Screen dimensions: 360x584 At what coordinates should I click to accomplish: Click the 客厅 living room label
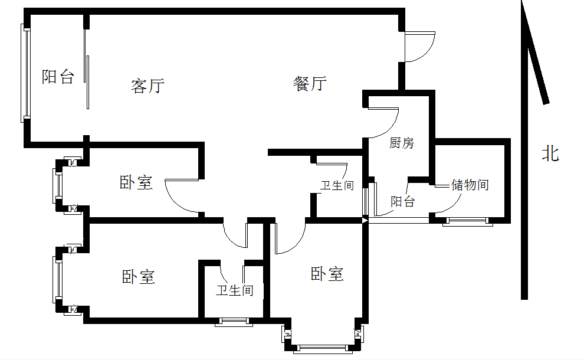[147, 86]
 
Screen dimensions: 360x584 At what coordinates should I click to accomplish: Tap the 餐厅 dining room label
[310, 84]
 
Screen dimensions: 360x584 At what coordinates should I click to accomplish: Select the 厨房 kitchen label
[402, 143]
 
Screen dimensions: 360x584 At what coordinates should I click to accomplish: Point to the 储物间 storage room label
[470, 185]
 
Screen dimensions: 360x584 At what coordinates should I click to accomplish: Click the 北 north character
[550, 155]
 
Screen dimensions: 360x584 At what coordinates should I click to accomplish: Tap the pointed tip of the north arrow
[523, 4]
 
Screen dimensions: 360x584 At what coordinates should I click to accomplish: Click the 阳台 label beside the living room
[58, 77]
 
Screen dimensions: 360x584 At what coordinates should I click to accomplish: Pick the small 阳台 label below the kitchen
[403, 202]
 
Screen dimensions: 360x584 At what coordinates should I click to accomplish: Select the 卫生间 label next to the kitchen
[337, 186]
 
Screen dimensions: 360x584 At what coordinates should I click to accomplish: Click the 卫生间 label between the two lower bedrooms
[234, 290]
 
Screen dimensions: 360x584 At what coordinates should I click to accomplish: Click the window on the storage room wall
[468, 221]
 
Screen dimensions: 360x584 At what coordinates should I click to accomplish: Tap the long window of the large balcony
[25, 74]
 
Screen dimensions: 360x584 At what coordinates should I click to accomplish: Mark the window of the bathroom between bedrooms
[234, 322]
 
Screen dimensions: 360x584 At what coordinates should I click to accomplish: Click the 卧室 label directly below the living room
[136, 182]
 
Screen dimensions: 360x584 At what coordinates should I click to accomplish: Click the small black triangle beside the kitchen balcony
[365, 220]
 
